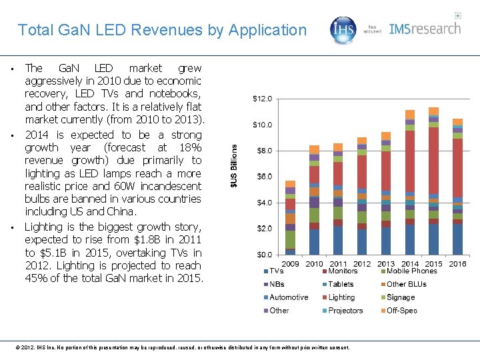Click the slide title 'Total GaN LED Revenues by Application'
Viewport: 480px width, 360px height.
pyautogui.click(x=162, y=30)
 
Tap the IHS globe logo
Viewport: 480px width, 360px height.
pyautogui.click(x=344, y=29)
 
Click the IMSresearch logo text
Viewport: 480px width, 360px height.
pyautogui.click(x=425, y=29)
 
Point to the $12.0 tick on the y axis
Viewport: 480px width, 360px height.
pyautogui.click(x=262, y=99)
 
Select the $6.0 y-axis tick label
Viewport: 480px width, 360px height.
pyautogui.click(x=264, y=177)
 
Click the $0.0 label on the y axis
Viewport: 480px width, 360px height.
pyautogui.click(x=264, y=254)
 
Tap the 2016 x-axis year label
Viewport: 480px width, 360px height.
pyautogui.click(x=457, y=263)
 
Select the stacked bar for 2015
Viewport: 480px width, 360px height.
pyautogui.click(x=433, y=181)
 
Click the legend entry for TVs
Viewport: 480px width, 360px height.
pyautogui.click(x=274, y=271)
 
